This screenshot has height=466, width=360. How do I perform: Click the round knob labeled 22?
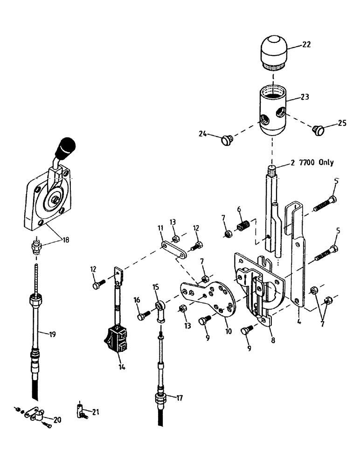pyautogui.click(x=273, y=51)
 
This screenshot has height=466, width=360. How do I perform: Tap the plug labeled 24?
pyautogui.click(x=228, y=139)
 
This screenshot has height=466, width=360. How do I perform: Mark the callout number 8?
pyautogui.click(x=273, y=340)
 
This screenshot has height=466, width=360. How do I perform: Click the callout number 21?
pyautogui.click(x=96, y=411)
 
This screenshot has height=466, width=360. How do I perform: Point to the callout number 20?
pyautogui.click(x=57, y=419)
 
